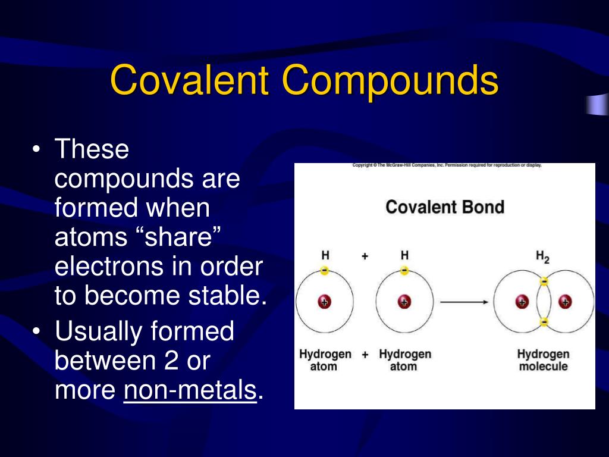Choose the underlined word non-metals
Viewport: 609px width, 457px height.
click(x=190, y=390)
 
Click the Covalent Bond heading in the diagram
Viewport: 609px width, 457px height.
click(x=444, y=207)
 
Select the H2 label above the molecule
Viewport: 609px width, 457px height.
click(x=542, y=256)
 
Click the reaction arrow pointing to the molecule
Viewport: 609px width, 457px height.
click(x=464, y=302)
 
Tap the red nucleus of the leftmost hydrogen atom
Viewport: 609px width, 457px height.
click(x=324, y=302)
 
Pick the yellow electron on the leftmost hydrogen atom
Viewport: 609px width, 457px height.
click(x=324, y=271)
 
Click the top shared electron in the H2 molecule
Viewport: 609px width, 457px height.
click(x=544, y=281)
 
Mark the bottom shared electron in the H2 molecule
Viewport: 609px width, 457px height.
click(x=544, y=323)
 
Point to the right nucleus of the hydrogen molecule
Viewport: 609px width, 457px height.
click(x=565, y=302)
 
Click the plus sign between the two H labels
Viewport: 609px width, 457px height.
click(x=365, y=256)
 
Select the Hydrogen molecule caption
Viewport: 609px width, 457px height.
click(x=542, y=360)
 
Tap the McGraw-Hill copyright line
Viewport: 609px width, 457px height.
click(x=447, y=165)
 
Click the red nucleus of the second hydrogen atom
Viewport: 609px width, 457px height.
click(x=404, y=302)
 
